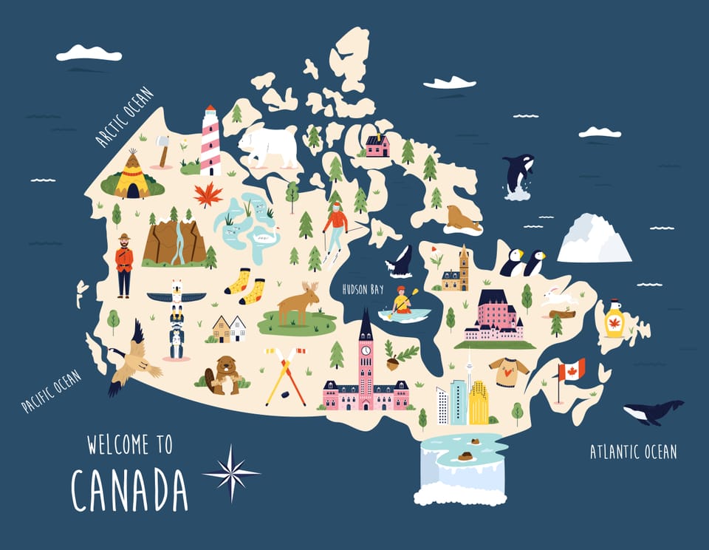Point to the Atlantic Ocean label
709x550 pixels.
point(633,452)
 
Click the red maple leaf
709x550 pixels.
point(208,195)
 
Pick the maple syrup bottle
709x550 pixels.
point(614,319)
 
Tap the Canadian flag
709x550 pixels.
point(571,370)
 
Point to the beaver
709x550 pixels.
point(225,374)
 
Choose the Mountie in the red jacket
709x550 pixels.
point(124,265)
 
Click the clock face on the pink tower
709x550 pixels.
point(366,350)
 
